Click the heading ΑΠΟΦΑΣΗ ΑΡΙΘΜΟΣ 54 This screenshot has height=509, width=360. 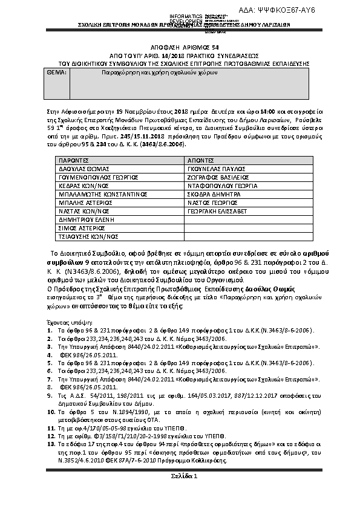(180, 47)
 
